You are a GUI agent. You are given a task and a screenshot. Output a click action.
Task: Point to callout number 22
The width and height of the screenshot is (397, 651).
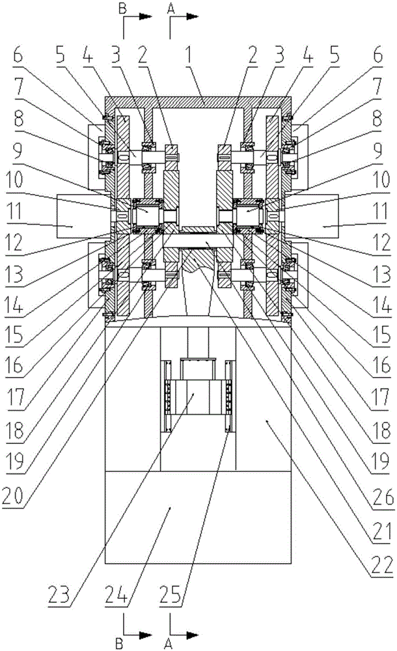click(384, 561)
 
